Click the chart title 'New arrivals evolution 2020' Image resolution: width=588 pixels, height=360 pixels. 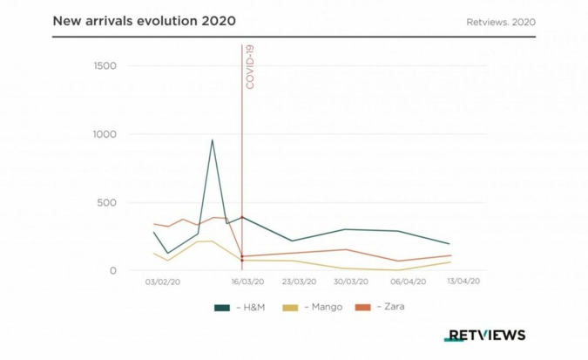[144, 19]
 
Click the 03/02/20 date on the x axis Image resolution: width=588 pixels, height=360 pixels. [163, 282]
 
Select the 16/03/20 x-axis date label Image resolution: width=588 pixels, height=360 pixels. [247, 282]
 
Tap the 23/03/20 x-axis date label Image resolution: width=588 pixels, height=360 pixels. [299, 282]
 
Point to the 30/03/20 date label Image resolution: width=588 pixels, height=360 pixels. [350, 282]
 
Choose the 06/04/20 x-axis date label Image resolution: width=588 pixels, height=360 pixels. [408, 282]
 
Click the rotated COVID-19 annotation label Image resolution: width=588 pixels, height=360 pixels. [251, 66]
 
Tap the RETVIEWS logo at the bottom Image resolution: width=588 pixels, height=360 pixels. [484, 335]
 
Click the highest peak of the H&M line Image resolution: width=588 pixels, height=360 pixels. [212, 139]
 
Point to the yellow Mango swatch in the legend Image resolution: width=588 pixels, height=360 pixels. [292, 307]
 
